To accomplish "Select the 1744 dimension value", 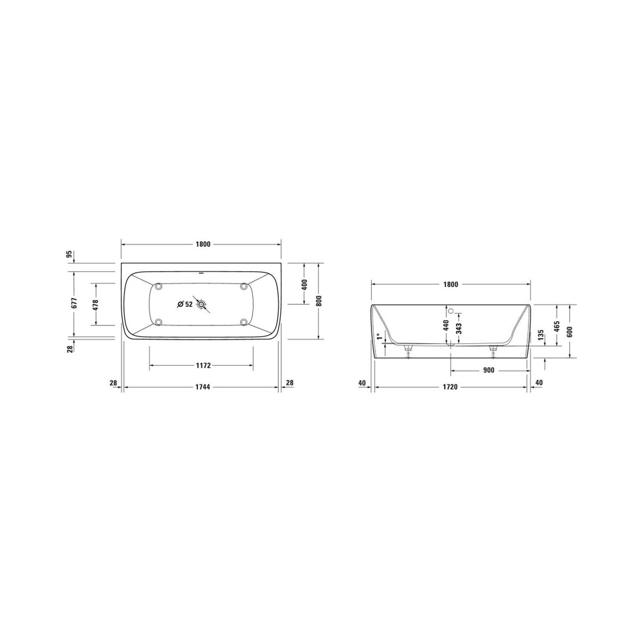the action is tap(202, 387).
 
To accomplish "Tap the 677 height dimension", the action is tap(74, 303).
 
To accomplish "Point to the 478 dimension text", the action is tap(96, 305).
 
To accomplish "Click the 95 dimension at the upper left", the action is tap(69, 254).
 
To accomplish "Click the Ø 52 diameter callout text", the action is tap(185, 304).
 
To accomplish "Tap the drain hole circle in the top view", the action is tap(201, 304).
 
